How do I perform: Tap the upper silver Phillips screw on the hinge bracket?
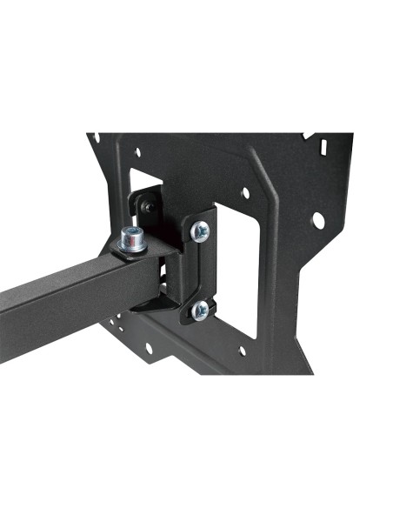pos(201,231)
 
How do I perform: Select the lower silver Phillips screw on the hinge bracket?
pos(200,308)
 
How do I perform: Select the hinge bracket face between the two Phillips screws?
pos(201,270)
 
